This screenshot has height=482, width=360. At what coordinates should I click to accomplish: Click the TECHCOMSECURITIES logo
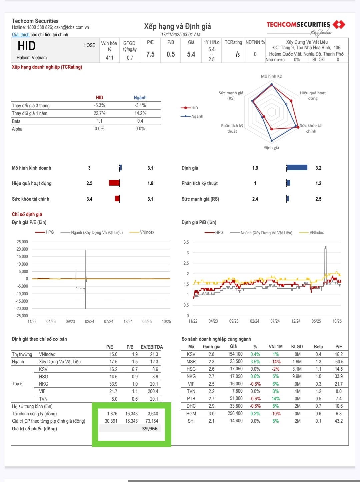(x=305, y=25)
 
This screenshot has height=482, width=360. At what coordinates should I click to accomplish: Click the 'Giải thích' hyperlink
(x=21, y=35)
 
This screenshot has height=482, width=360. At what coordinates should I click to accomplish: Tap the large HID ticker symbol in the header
(x=27, y=46)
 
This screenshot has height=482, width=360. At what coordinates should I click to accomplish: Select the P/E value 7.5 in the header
(x=150, y=54)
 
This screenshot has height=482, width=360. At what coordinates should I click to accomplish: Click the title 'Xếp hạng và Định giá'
(x=177, y=26)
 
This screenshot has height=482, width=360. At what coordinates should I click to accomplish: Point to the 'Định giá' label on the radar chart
(x=271, y=148)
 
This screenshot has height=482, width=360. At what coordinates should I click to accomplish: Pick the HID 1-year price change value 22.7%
(x=99, y=113)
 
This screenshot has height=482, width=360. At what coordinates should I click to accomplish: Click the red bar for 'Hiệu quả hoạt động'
(x=114, y=183)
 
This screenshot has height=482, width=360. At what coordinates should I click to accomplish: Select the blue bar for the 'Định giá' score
(x=297, y=168)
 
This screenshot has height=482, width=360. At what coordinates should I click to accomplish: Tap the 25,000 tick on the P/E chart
(x=22, y=242)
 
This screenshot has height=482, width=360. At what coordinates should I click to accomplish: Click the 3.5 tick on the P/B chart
(x=186, y=242)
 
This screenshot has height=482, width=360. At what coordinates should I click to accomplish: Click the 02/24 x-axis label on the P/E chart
(x=89, y=322)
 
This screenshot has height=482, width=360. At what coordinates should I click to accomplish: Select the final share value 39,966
(x=150, y=429)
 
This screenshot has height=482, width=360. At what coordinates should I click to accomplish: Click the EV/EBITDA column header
(x=152, y=347)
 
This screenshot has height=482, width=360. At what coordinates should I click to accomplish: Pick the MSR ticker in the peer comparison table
(x=191, y=362)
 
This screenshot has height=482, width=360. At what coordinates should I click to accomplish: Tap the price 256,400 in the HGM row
(x=235, y=414)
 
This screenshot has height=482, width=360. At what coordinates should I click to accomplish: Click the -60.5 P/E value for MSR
(x=339, y=362)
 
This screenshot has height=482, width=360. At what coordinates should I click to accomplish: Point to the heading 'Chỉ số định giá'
(x=27, y=214)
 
